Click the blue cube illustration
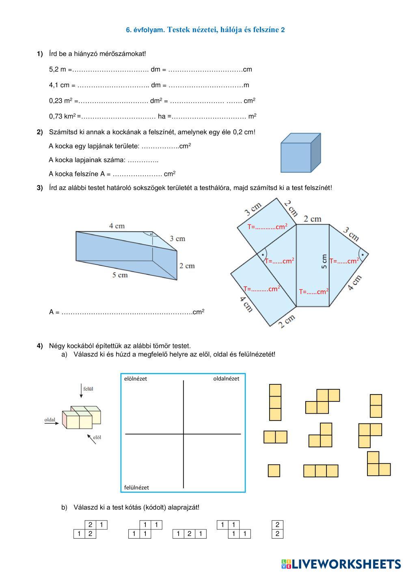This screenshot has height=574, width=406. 301,153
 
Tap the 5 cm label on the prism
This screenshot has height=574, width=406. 120,275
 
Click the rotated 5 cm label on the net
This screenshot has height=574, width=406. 324,261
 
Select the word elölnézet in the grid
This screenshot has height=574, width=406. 135,379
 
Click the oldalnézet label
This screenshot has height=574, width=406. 226,378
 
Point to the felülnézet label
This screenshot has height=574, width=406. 136,488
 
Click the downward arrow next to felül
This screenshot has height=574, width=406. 81,391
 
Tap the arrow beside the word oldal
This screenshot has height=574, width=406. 52,423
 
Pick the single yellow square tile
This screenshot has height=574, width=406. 274,470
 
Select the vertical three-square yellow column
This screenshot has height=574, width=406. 275,402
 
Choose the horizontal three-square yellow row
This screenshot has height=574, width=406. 321,471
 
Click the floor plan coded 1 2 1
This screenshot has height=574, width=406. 190,534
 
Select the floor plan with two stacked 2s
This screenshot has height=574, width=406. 277,529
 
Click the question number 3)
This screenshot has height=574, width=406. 40,188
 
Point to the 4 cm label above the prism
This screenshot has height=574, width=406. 117,226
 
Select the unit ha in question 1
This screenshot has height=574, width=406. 162,117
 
